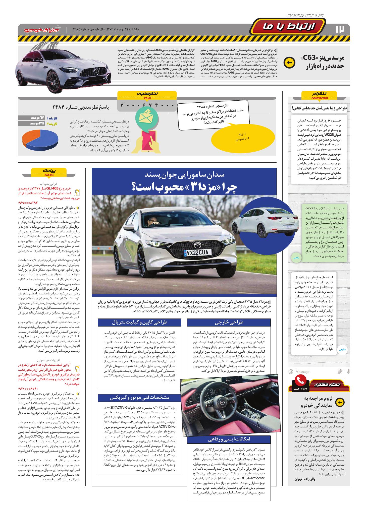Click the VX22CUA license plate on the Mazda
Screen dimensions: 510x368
coord(197,252)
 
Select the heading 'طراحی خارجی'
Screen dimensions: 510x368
coord(229,322)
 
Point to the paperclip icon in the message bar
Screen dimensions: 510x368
coord(340,371)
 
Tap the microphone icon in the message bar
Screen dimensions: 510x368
coord(348,371)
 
